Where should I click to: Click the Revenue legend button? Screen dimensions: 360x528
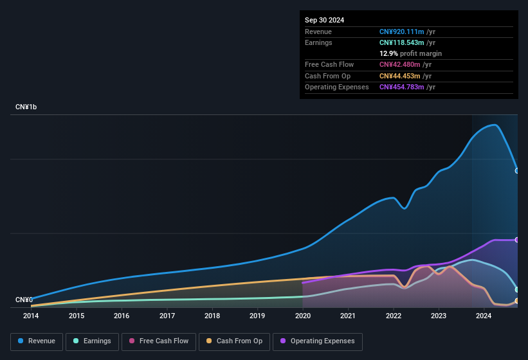pos(37,341)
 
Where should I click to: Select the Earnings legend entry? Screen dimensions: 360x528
pos(92,341)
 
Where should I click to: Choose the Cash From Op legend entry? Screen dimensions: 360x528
pos(234,341)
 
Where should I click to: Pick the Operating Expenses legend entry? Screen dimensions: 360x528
pos(318,341)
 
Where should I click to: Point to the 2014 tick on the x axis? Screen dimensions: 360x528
pos(31,316)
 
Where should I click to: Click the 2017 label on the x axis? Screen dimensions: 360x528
pos(167,316)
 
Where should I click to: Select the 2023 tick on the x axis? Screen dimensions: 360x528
pos(439,316)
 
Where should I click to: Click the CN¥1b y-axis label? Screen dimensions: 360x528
pos(26,107)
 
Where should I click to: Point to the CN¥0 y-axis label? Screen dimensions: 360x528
pos(24,300)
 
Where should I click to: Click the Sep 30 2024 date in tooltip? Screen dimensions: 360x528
pos(324,20)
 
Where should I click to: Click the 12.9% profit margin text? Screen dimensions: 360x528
pos(410,53)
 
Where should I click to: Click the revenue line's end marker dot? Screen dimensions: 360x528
pos(517,171)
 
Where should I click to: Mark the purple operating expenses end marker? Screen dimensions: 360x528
pos(517,240)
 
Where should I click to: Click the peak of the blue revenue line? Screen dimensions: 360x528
pos(494,125)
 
